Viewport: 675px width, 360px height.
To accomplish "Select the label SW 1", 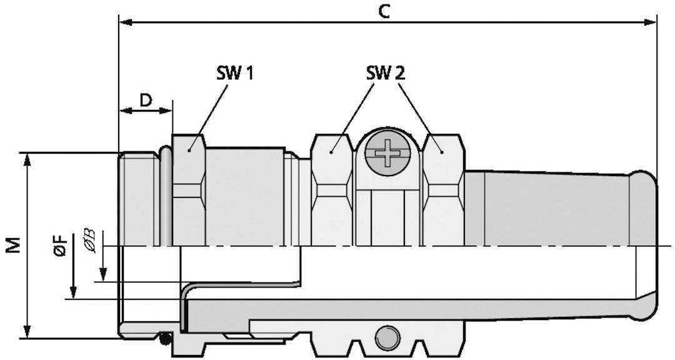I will tap(232, 74).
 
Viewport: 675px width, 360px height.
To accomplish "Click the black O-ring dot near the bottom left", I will tap(165, 338).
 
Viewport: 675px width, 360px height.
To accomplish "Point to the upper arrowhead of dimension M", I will tap(27, 158).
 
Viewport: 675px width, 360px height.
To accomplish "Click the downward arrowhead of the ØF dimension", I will tap(73, 293).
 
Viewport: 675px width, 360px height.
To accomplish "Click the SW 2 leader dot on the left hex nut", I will tap(332, 150).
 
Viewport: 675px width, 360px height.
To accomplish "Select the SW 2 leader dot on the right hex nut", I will tap(442, 150).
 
